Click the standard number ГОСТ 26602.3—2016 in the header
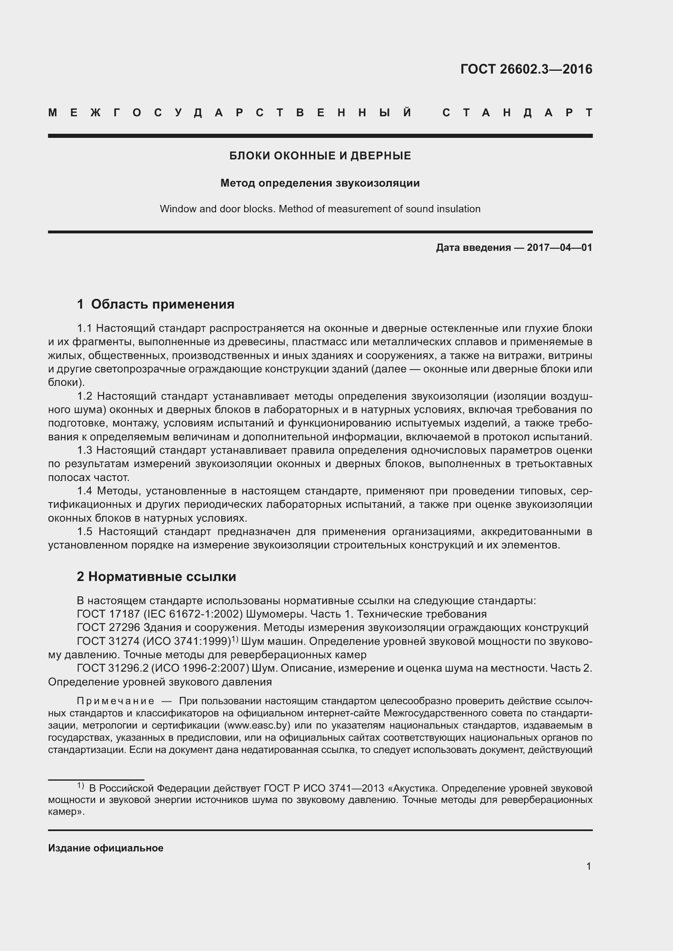point(526,69)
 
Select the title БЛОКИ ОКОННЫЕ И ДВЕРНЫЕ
point(320,156)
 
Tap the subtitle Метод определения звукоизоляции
point(320,183)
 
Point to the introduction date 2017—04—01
point(559,248)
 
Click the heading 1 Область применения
point(155,305)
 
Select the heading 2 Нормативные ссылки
point(156,577)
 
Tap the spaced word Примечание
point(115,701)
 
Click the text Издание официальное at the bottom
point(106,848)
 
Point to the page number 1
point(589,866)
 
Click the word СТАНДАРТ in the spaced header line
point(518,113)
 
